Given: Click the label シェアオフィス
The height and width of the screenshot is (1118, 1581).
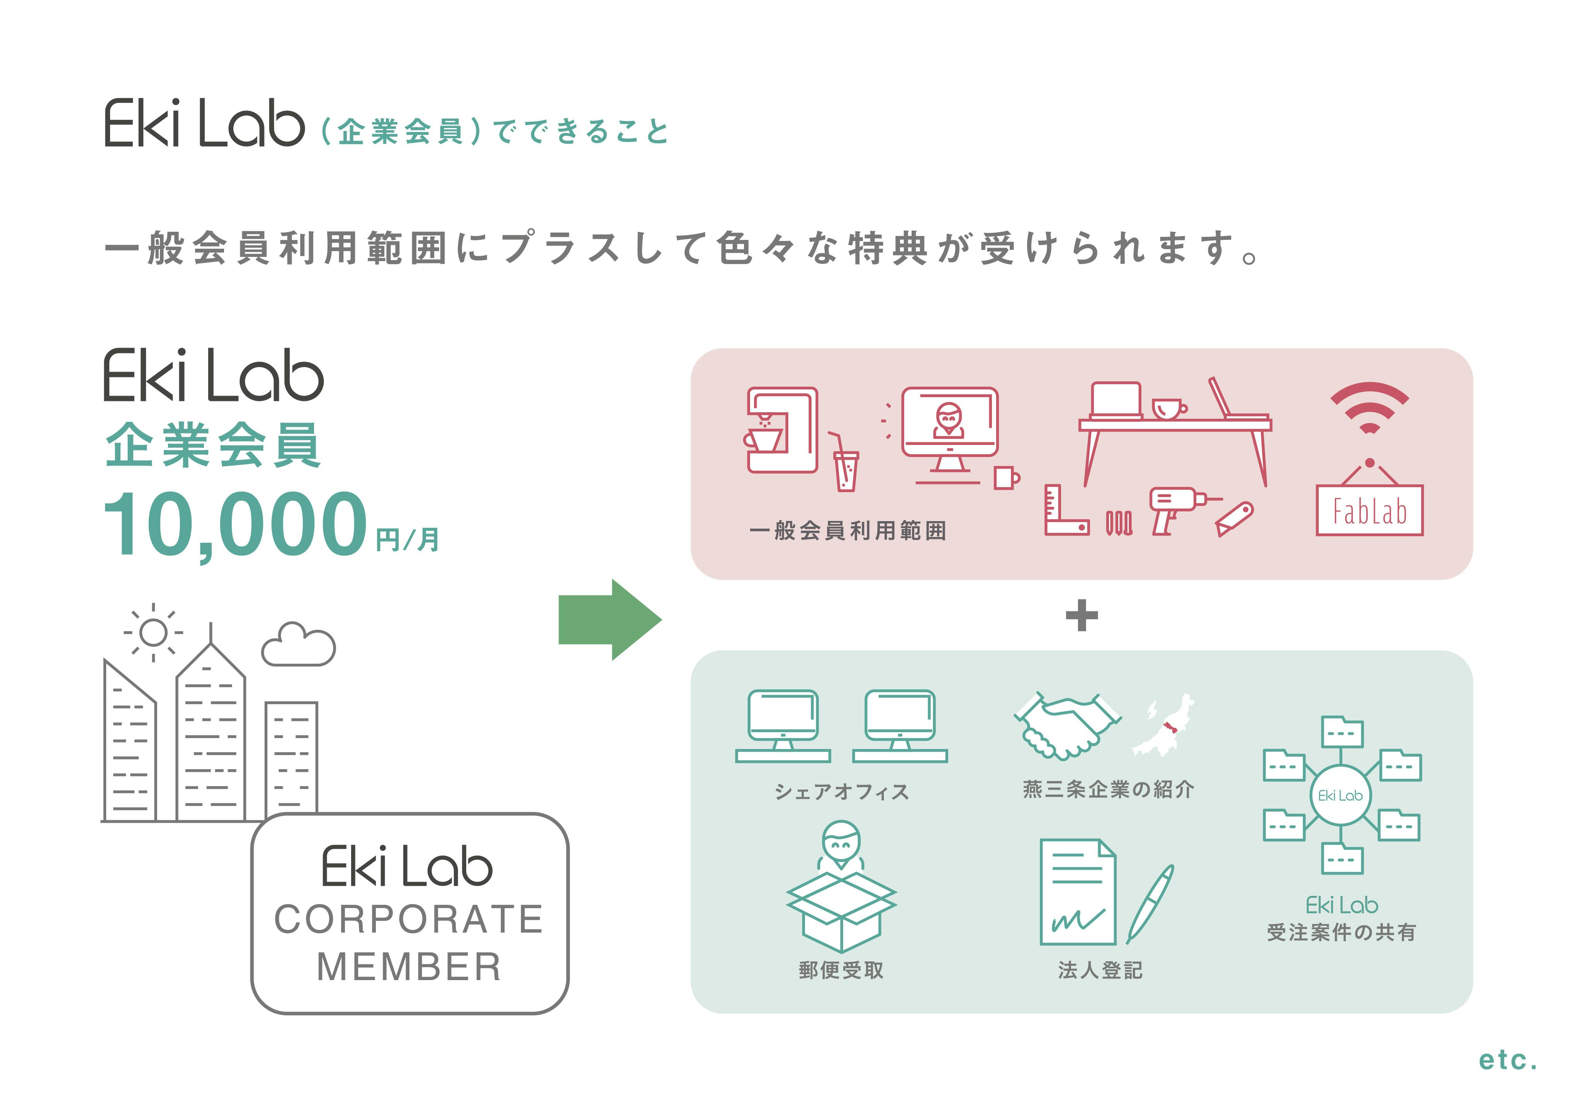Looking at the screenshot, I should pos(841,792).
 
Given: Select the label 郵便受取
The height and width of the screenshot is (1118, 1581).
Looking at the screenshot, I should pos(841,970).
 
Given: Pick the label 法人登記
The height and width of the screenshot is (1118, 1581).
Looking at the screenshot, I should pos(1100,970).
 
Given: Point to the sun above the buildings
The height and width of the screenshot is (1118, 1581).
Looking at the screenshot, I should pos(153,632).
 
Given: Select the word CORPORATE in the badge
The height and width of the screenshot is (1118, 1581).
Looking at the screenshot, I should pos(409,919).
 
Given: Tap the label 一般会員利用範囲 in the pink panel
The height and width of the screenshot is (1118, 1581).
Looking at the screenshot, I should pos(847,530).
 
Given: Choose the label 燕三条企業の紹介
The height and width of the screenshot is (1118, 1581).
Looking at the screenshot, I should pos(1108,789).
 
